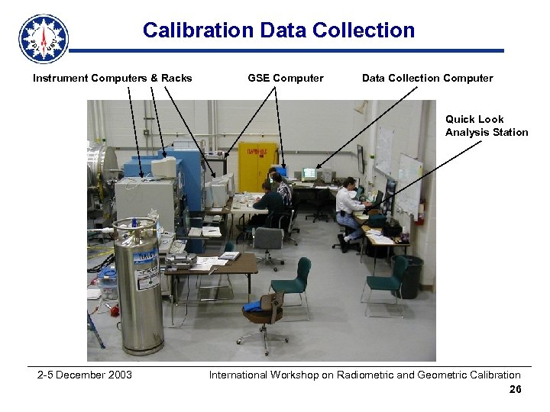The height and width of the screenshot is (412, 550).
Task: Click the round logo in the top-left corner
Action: tap(44, 38)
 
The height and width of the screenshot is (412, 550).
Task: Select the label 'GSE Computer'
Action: tap(286, 78)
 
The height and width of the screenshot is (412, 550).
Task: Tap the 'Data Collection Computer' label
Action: tap(427, 78)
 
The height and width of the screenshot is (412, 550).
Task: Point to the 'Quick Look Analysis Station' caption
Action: tap(487, 126)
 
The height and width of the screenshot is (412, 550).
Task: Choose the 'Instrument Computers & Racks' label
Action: tap(112, 78)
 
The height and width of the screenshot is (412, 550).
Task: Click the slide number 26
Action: tap(515, 390)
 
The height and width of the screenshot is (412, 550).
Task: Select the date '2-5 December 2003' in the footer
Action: tap(85, 375)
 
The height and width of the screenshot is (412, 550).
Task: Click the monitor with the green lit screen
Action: tap(309, 173)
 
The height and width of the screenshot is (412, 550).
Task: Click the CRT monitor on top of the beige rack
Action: tap(163, 168)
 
